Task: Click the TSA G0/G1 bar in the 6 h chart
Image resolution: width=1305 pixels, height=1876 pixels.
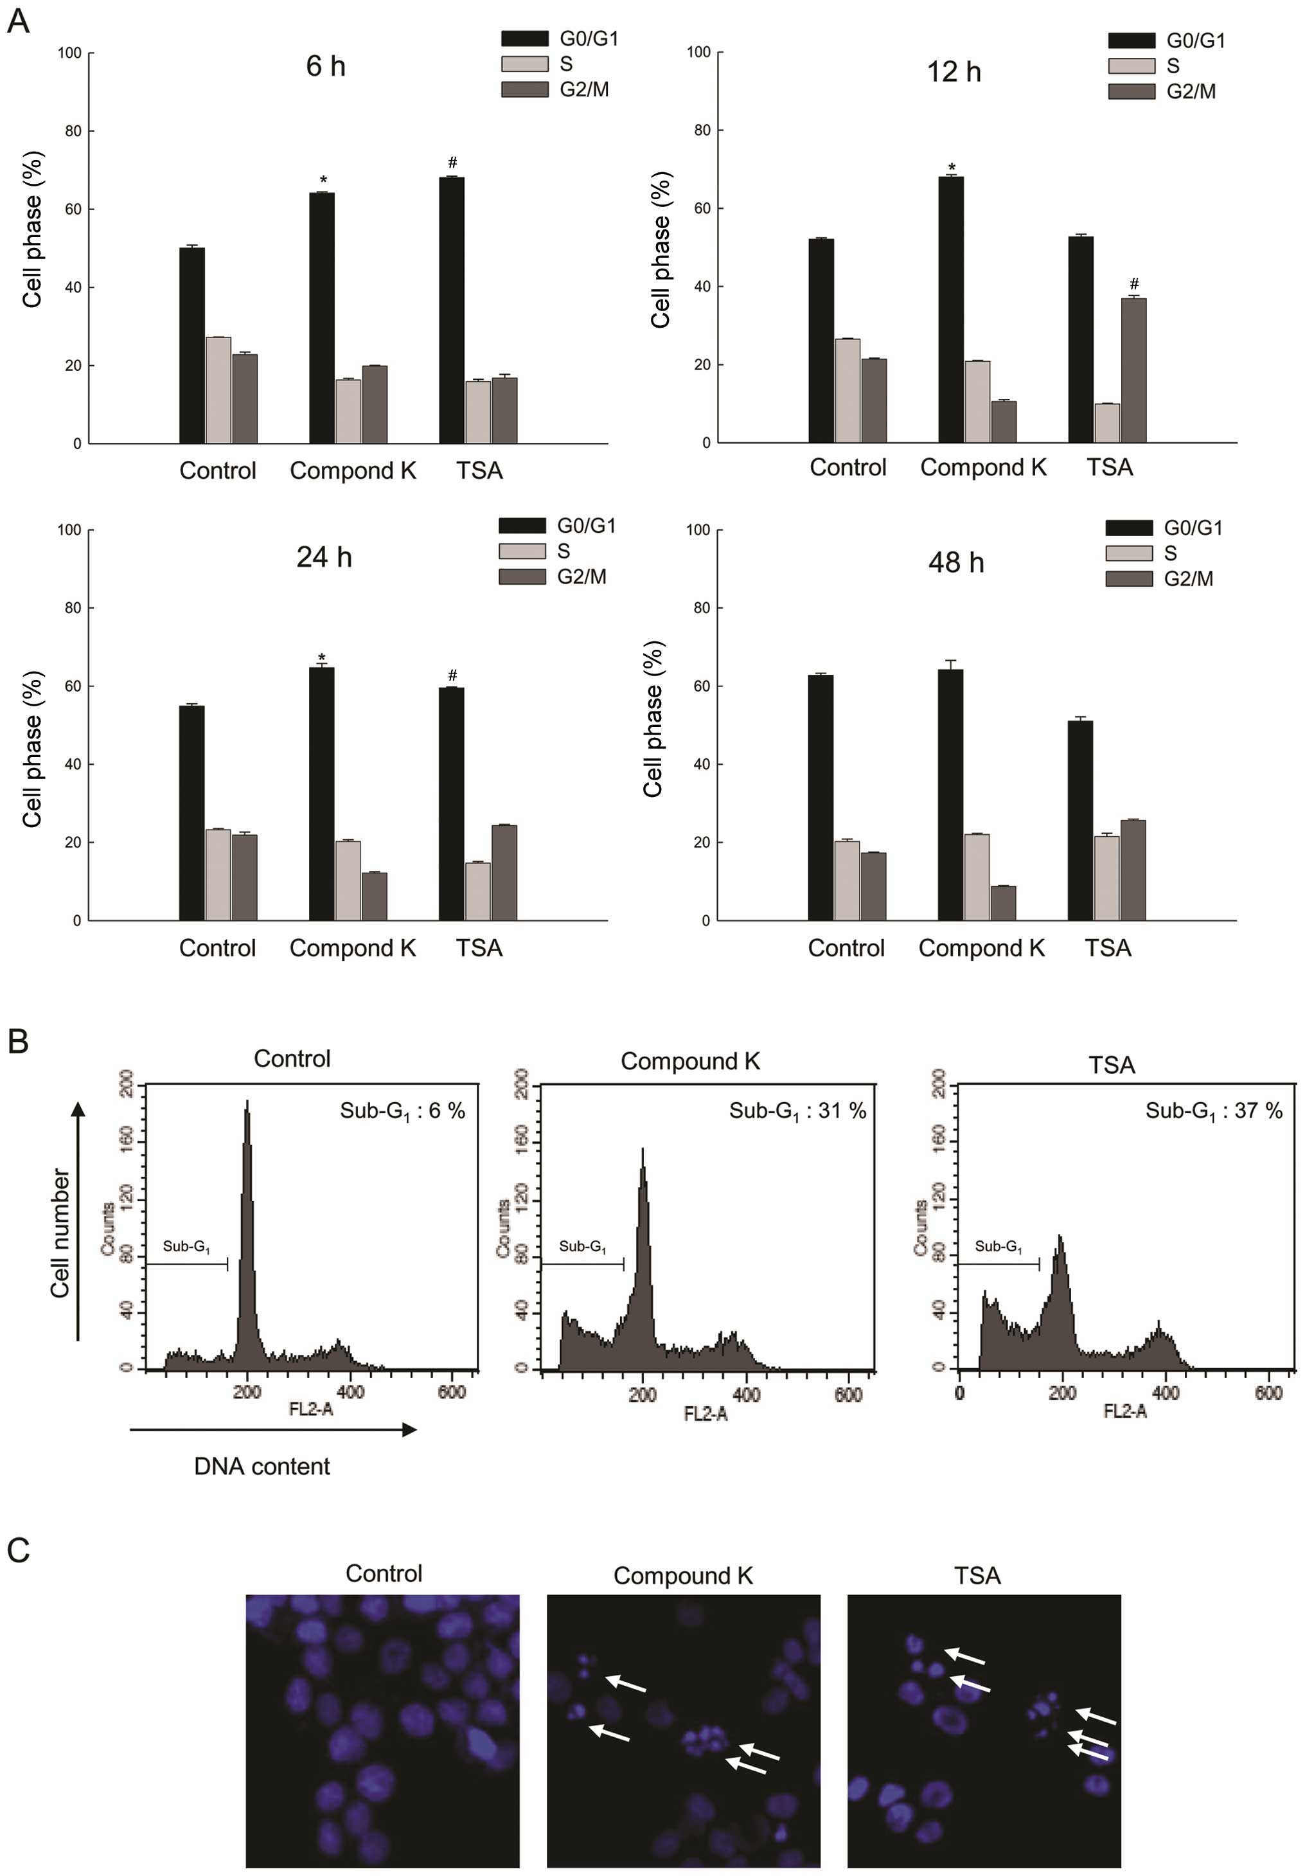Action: [x=451, y=310]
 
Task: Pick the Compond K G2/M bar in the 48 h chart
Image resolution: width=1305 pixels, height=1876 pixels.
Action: [x=1003, y=903]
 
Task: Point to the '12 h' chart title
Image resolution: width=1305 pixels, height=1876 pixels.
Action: [x=954, y=72]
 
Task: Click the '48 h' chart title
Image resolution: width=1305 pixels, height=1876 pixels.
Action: [x=955, y=563]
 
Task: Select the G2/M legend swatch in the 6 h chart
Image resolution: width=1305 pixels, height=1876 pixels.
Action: [x=524, y=90]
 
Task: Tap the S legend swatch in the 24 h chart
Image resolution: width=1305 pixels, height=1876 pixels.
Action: [x=522, y=551]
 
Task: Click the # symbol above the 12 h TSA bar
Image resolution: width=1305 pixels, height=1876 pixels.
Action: [x=1133, y=284]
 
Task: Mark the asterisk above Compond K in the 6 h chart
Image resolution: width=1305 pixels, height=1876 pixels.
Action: [x=323, y=181]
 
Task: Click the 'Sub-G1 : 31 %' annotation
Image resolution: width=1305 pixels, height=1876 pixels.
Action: [x=797, y=1111]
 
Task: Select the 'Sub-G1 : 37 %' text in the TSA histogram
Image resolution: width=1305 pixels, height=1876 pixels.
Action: [x=1214, y=1111]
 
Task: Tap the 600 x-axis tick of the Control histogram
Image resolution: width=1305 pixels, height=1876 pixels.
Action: [x=452, y=1393]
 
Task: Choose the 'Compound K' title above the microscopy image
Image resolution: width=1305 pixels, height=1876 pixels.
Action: [x=683, y=1575]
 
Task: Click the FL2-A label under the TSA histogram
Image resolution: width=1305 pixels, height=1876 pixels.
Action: [x=1124, y=1411]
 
